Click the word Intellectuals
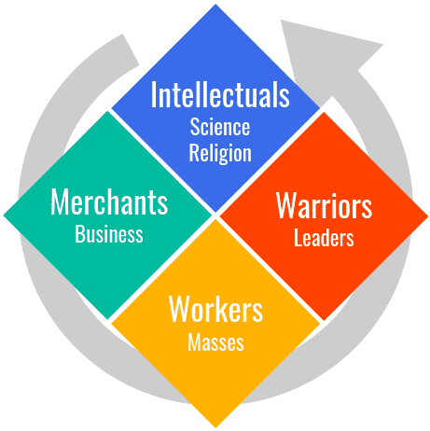coord(220,94)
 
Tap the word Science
coord(220,127)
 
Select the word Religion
coord(220,153)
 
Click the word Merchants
coord(109,202)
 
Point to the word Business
coord(109,234)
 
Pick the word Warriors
coord(324,206)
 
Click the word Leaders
coord(324,238)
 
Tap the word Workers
coord(215,309)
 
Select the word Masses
coord(215,342)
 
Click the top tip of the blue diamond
coord(215,5)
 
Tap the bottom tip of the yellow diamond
coord(215,427)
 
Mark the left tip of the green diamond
coord(4,215)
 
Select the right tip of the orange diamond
coord(428,215)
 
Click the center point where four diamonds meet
coord(215,215)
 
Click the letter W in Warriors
coord(286,206)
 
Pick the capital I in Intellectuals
coord(153,94)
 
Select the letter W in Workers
coord(179,309)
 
